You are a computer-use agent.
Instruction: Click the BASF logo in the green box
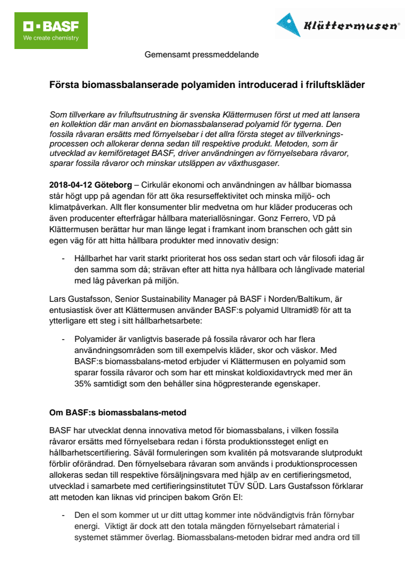(50, 26)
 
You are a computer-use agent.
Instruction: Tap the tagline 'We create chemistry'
(51, 38)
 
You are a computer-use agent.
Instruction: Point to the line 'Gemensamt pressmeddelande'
(201, 55)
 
